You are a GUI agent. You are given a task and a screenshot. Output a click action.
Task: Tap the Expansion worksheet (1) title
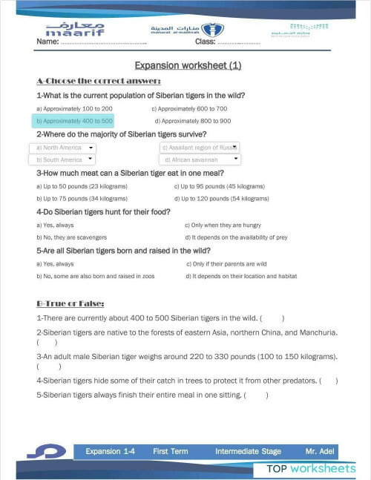click(x=188, y=65)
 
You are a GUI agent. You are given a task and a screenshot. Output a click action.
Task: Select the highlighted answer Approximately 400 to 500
click(x=74, y=120)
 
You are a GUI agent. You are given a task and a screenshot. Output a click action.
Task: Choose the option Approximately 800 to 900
click(x=192, y=120)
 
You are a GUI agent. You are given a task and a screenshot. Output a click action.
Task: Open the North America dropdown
click(x=62, y=148)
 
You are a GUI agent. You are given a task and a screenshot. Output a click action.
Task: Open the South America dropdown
click(x=62, y=160)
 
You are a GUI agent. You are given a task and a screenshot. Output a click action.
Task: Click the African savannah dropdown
click(x=200, y=160)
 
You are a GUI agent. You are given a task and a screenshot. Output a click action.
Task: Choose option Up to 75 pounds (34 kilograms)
click(x=82, y=199)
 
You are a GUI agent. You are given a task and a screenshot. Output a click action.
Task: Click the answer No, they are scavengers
click(x=77, y=237)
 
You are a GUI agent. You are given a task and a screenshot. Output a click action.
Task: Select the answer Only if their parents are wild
click(x=226, y=263)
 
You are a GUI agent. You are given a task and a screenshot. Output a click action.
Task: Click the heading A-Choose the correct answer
click(x=98, y=81)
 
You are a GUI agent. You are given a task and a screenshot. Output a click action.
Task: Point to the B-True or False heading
click(x=70, y=303)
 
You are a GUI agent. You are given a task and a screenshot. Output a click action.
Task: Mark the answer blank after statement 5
click(x=255, y=395)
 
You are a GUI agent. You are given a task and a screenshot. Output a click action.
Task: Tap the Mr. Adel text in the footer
click(x=320, y=451)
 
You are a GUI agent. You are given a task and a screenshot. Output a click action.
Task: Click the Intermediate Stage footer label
click(x=248, y=451)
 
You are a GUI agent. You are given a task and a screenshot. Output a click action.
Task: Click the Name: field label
click(x=47, y=42)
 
